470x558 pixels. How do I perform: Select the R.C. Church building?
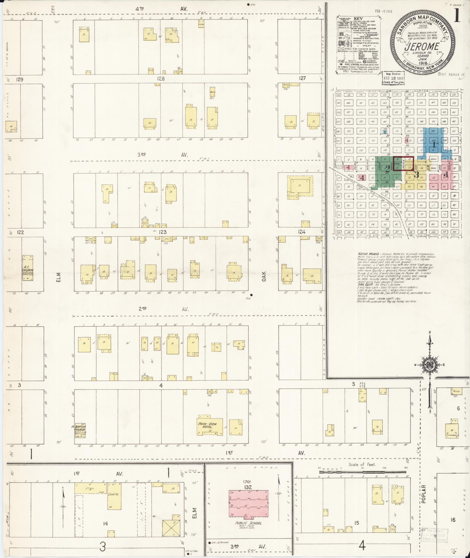point(28,268)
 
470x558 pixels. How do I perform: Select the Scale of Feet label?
point(362,464)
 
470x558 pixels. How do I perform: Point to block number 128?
point(161,78)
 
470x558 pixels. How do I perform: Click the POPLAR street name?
point(423,494)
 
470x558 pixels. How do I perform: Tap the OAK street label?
point(264,276)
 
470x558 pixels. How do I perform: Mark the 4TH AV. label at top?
point(162,9)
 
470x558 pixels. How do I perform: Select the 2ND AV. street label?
point(163,309)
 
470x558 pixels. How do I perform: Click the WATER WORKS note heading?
point(366,254)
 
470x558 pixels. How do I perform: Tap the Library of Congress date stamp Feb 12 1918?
point(393,78)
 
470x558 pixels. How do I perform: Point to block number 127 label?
point(302,78)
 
